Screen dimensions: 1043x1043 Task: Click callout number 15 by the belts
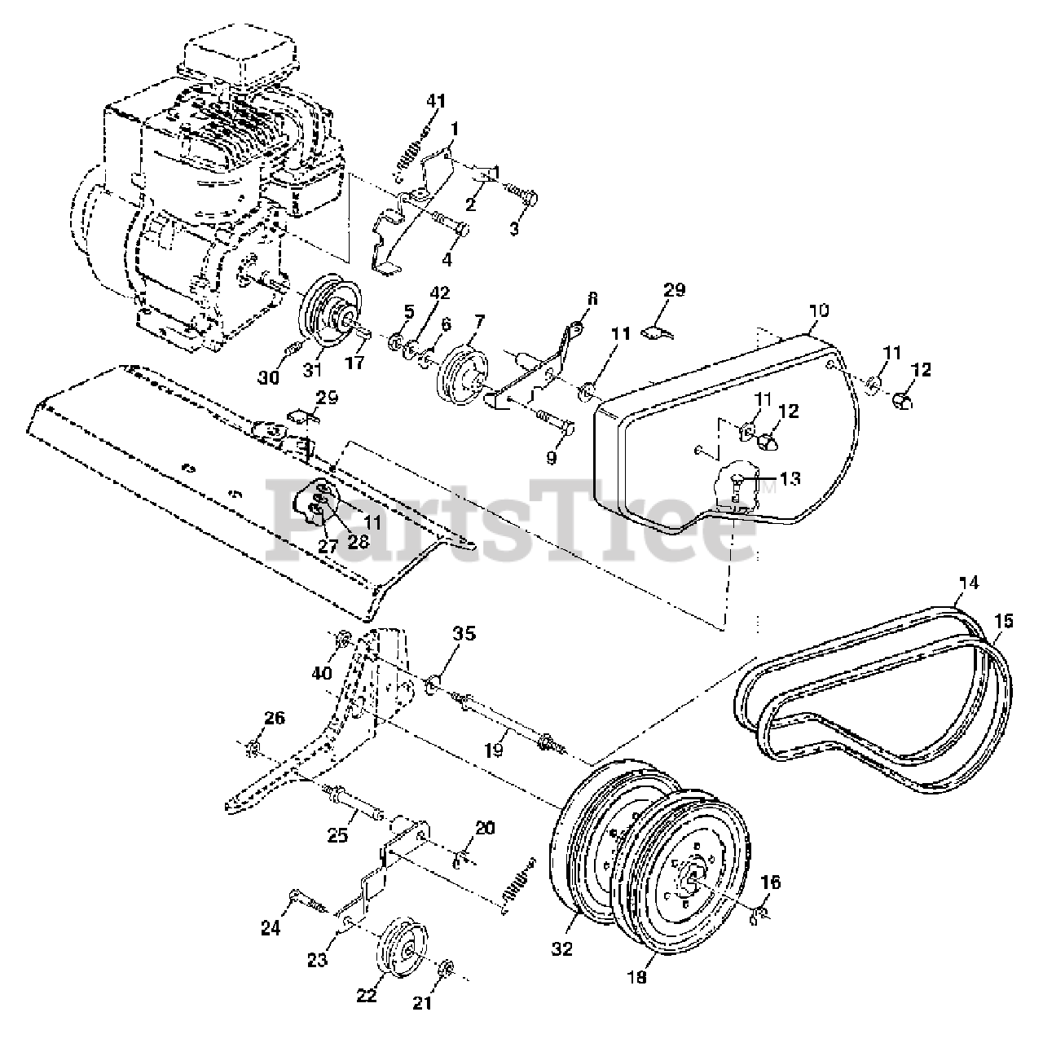click(1004, 622)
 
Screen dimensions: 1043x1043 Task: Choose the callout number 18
click(637, 978)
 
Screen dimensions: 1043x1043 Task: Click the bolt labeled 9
click(554, 425)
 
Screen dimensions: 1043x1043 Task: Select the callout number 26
click(275, 718)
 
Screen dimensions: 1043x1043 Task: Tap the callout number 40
click(323, 673)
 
